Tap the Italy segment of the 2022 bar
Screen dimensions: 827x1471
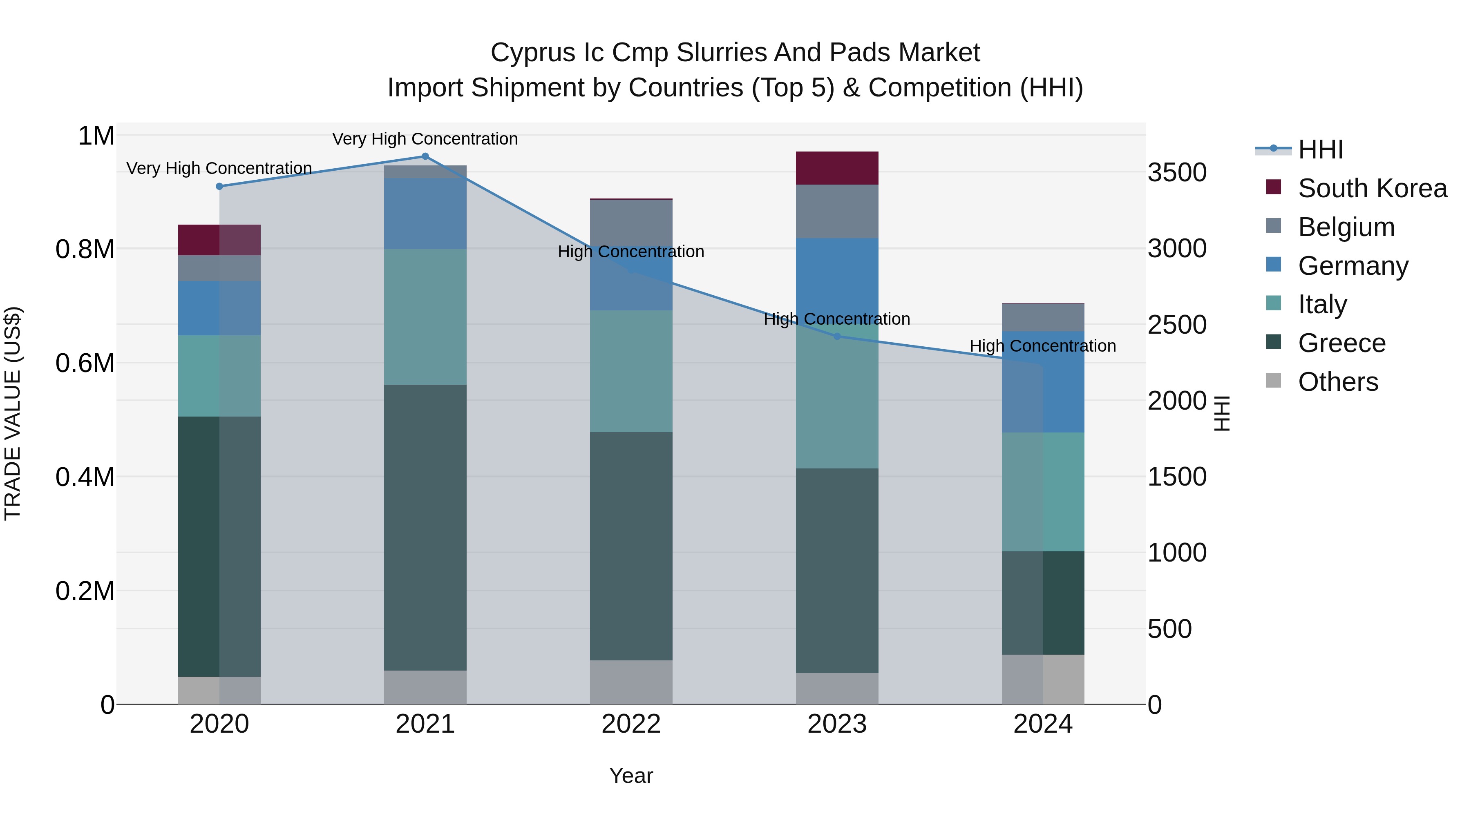[x=631, y=371]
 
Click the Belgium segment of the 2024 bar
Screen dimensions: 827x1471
[x=1043, y=317]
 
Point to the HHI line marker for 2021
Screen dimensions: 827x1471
[x=425, y=156]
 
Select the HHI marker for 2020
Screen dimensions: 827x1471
[x=219, y=187]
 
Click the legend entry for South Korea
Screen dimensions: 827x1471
[x=1372, y=188]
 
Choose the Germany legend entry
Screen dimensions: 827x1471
[x=1353, y=266]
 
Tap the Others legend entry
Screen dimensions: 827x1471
[x=1337, y=382]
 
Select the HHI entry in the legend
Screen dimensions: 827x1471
[x=1320, y=149]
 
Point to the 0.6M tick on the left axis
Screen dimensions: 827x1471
[x=85, y=363]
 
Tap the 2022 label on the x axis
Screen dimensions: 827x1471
[x=631, y=724]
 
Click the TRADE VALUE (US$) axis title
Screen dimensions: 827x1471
[x=13, y=413]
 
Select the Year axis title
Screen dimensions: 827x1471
[x=631, y=776]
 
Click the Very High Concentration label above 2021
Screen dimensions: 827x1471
[x=425, y=139]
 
